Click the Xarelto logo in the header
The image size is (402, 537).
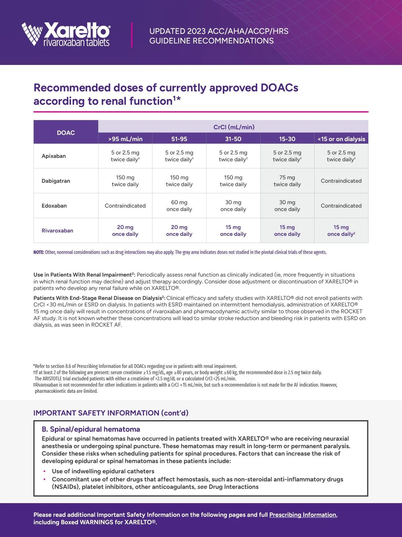[x=66, y=34]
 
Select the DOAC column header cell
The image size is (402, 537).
[x=66, y=133]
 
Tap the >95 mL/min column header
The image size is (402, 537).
[x=125, y=139]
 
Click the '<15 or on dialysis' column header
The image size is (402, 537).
[x=341, y=139]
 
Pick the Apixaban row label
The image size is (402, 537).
[x=54, y=156]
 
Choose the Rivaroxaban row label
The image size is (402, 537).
[x=57, y=231]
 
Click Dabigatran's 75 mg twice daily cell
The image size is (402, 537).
[x=287, y=181]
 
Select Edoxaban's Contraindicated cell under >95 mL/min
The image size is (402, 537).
[x=125, y=206]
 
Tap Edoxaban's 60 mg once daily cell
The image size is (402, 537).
[x=179, y=206]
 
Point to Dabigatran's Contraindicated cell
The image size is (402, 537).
[x=341, y=181]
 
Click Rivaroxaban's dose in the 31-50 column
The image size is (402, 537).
[x=233, y=231]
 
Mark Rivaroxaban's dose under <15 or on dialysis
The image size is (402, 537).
[x=341, y=231]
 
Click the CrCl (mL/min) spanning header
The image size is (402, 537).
[x=234, y=127]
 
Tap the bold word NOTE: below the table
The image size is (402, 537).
[x=39, y=252]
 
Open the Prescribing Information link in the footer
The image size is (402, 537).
[x=302, y=515]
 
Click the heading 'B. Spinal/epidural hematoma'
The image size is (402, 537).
[x=91, y=429]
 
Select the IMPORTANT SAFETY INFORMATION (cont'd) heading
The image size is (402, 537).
[x=111, y=413]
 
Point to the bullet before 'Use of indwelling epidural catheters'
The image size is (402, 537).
[x=45, y=471]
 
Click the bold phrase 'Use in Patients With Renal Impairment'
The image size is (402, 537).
[x=83, y=275]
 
